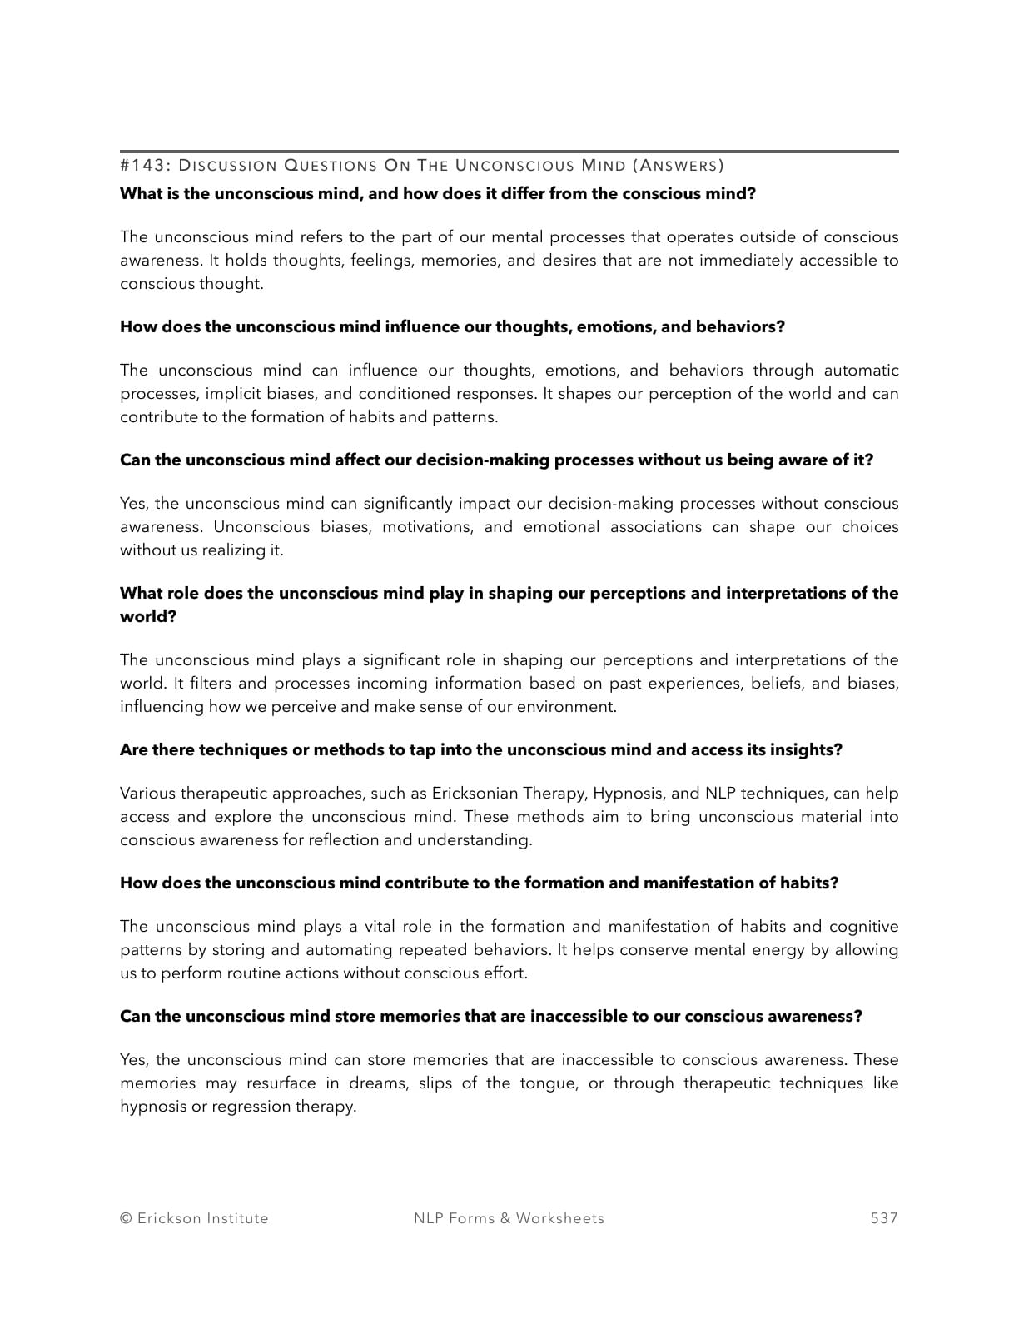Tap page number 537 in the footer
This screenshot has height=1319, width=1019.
(884, 1218)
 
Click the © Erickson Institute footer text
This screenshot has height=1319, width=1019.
(194, 1218)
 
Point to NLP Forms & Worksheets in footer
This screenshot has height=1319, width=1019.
(509, 1218)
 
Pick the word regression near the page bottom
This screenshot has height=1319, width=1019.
(251, 1107)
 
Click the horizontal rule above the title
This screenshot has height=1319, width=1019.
(509, 152)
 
